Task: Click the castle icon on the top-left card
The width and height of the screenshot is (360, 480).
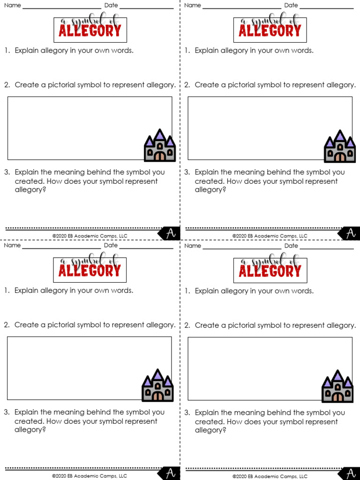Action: click(x=160, y=146)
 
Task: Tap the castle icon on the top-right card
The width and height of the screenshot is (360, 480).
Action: click(x=340, y=146)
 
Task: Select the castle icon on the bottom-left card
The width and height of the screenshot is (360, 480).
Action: click(x=157, y=385)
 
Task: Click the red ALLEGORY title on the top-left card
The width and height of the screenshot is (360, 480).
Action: click(x=90, y=31)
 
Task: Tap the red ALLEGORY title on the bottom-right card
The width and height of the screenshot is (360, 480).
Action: click(x=270, y=271)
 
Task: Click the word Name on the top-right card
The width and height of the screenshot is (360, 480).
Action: click(x=192, y=5)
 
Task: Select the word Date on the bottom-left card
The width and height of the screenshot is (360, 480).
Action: click(x=111, y=245)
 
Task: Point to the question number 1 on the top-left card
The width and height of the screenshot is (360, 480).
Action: click(x=7, y=51)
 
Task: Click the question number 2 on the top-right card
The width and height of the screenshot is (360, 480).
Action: click(x=187, y=85)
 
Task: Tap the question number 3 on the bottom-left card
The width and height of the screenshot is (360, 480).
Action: click(x=7, y=412)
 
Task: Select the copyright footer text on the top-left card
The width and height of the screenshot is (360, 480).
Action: click(x=90, y=236)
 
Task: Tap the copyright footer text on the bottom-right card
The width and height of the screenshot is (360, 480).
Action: click(x=270, y=476)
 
